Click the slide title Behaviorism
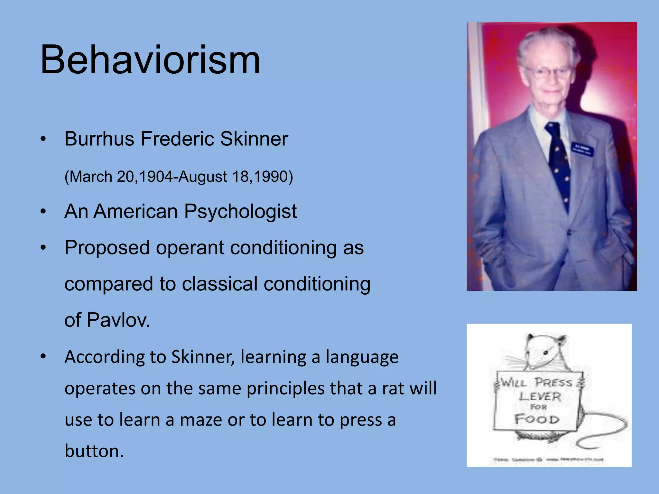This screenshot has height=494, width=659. coord(150,60)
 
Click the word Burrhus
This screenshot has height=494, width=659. coord(99,139)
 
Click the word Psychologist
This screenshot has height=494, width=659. coord(240,212)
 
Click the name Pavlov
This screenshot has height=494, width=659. coord(118,320)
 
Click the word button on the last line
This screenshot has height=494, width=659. coord(94,451)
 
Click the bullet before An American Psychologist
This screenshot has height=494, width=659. coord(43,212)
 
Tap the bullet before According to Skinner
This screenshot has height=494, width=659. coord(43,357)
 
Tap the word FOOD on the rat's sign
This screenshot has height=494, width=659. coord(536,419)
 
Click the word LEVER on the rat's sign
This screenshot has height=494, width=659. coord(540,397)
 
